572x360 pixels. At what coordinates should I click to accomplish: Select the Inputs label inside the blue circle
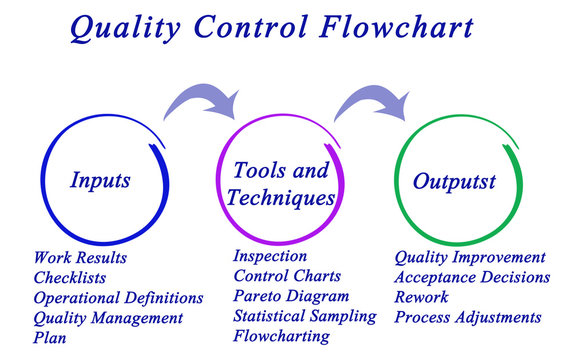99,181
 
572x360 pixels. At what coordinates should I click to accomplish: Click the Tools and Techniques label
280,184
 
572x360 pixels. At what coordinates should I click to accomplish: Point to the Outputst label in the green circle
455,182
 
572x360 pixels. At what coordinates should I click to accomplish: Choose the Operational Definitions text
118,298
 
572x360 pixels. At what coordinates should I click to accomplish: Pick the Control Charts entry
287,276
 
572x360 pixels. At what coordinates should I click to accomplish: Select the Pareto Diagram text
291,296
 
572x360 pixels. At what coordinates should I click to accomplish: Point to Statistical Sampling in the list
305,316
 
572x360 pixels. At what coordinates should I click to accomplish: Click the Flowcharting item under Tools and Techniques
281,337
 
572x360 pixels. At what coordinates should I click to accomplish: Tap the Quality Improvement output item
470,258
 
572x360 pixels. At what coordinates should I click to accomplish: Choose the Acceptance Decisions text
472,277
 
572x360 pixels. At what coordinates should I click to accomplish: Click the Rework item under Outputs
421,297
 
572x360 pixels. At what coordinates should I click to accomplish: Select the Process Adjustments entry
468,317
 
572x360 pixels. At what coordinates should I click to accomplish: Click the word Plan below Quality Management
50,338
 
